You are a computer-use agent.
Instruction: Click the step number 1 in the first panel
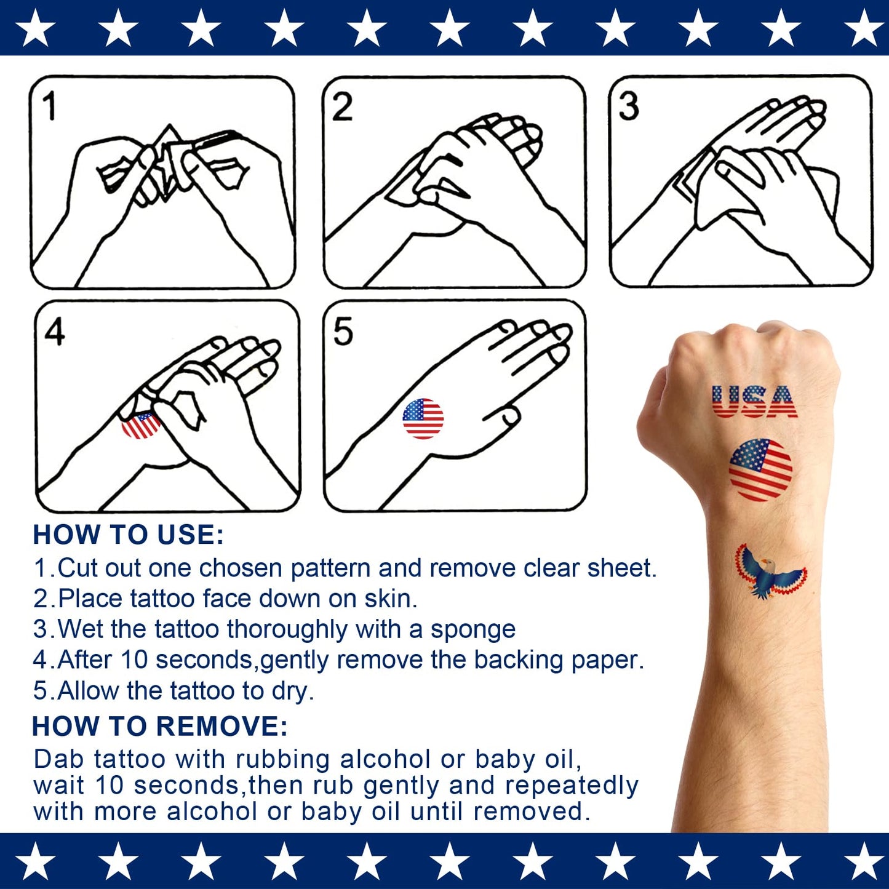point(50,106)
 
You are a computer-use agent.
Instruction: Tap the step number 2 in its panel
point(343,106)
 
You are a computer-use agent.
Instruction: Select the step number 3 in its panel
point(629,106)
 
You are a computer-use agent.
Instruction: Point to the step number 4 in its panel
point(55,332)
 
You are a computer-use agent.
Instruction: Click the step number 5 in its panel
point(343,332)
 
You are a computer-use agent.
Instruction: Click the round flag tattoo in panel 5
point(423,418)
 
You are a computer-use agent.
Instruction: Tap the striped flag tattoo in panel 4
point(141,425)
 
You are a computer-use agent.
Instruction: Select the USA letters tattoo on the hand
point(754,402)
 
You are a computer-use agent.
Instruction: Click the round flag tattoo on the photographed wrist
point(760,469)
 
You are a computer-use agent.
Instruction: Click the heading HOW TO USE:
point(128,535)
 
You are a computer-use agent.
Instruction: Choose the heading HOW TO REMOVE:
point(160,727)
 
